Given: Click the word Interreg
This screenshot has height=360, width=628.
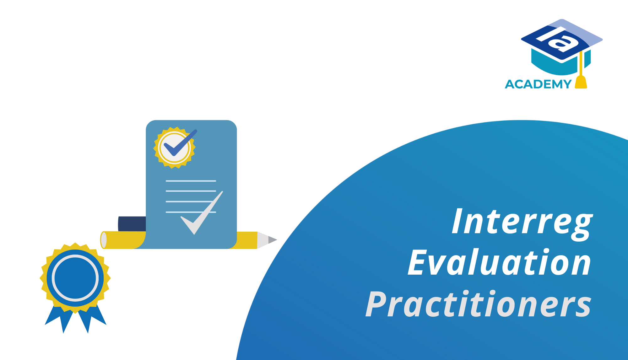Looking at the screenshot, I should pos(522,222).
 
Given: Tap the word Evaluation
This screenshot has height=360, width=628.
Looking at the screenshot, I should pos(499,263).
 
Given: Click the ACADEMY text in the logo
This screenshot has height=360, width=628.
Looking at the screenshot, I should pos(538,84).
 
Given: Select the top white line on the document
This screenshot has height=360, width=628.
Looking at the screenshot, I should pos(191,181).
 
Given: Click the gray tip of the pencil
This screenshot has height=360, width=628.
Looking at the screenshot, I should pos(272,240).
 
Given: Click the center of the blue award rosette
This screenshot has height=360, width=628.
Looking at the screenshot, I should pos(75,278).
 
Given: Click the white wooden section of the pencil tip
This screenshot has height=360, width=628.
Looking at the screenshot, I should pos(263,240).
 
